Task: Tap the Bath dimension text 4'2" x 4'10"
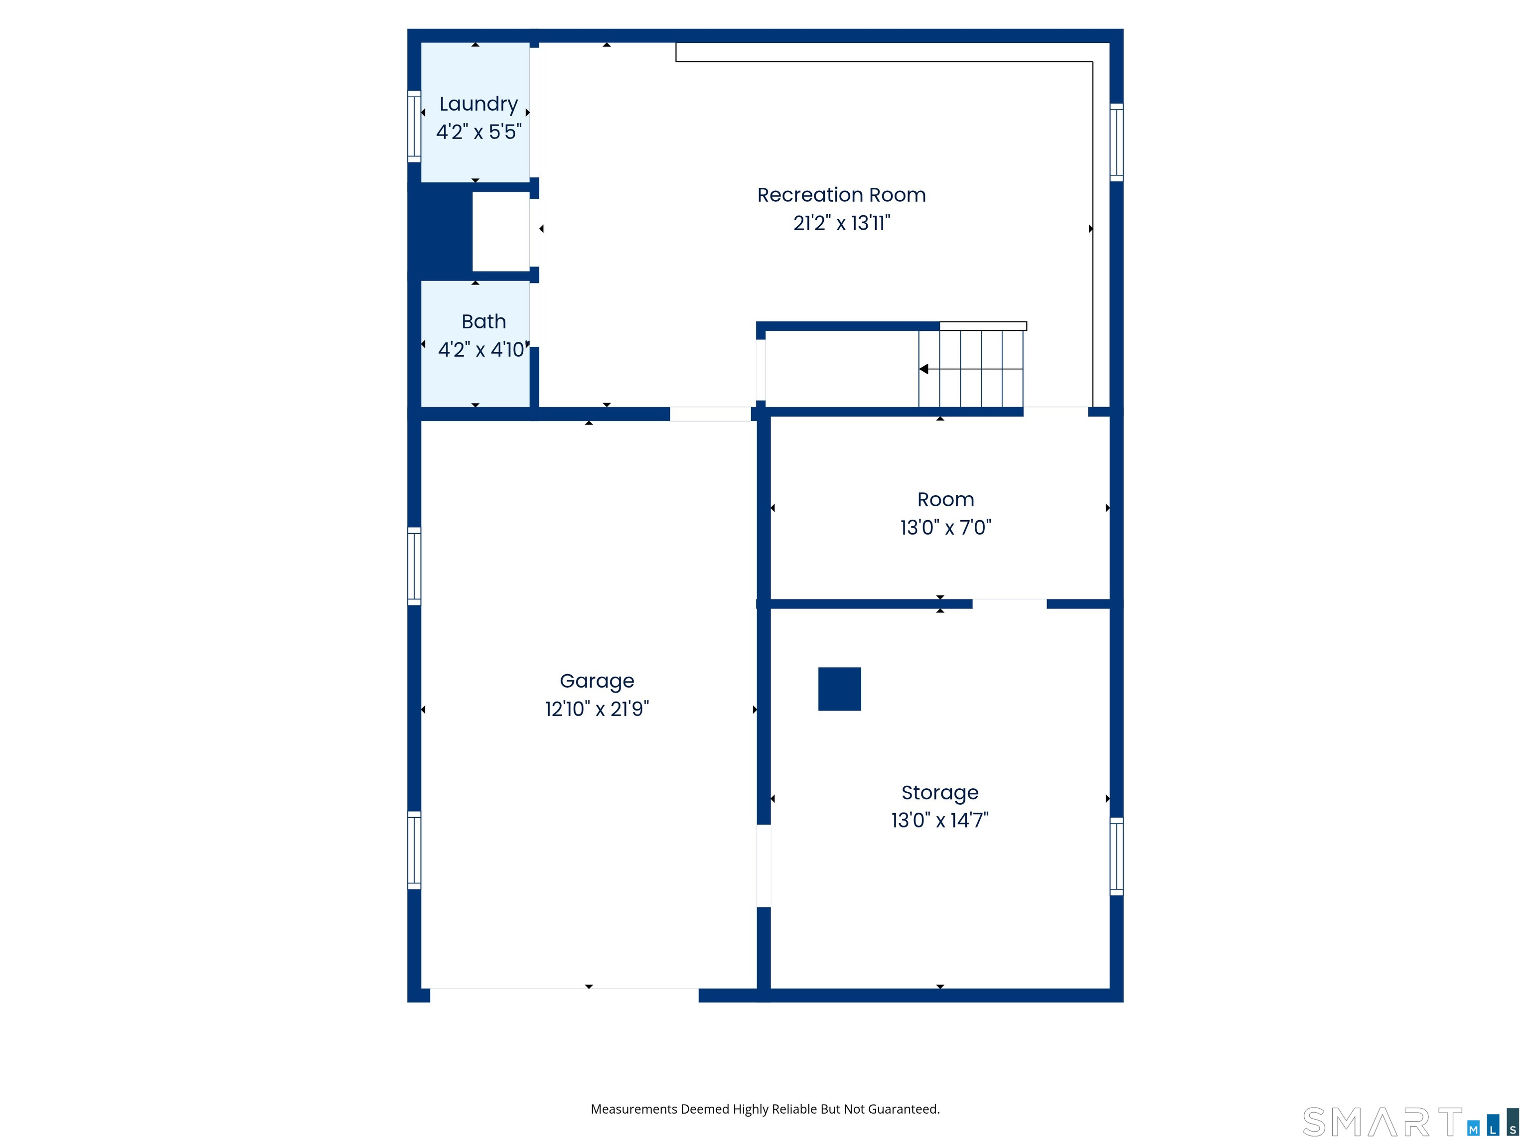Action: (482, 349)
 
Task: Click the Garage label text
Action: (597, 682)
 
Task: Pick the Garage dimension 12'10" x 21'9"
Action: (597, 709)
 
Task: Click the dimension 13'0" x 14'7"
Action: (940, 820)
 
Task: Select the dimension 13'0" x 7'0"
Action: (945, 527)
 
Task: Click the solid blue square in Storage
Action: (840, 689)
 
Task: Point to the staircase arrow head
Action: (923, 369)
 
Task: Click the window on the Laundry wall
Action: (414, 127)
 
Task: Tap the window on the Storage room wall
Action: (1116, 856)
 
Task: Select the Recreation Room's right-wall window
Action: (1116, 143)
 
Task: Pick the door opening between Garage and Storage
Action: (764, 865)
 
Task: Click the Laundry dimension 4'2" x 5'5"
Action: (478, 132)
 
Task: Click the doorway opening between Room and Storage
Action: (1009, 604)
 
